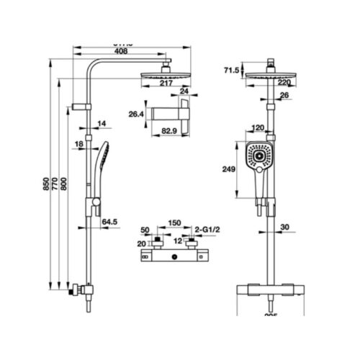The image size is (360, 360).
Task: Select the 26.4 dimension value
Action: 137,113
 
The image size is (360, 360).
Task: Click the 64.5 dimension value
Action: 109,222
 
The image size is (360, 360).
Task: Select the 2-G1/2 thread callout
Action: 207,229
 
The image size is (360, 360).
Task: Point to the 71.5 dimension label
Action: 230,70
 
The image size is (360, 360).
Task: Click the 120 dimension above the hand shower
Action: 257,128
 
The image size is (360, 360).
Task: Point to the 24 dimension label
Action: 184,91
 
